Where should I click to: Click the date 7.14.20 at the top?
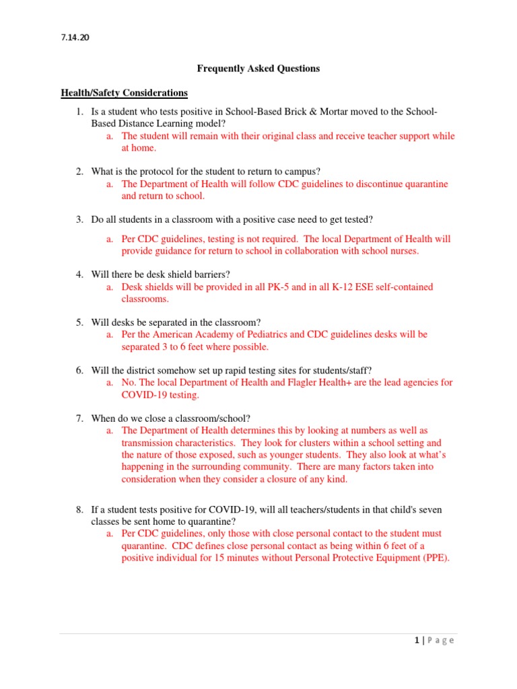pos(75,38)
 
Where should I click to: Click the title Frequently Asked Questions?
pos(258,69)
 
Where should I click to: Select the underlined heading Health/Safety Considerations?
pos(124,92)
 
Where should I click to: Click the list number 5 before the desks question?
pos(79,322)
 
